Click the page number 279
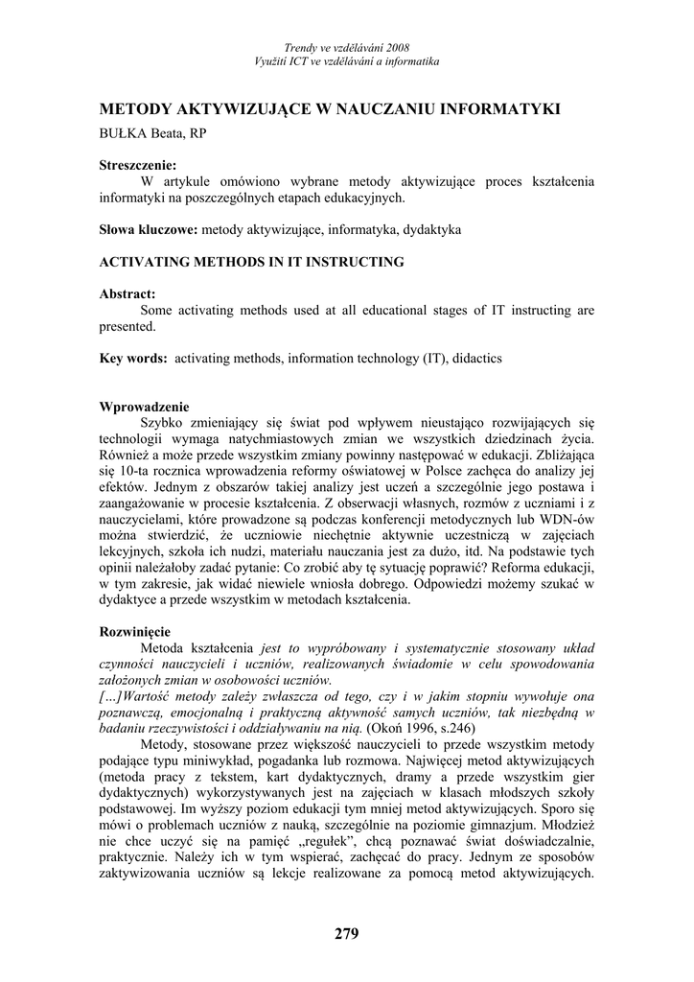pyautogui.click(x=347, y=934)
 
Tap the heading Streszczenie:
pyautogui.click(x=138, y=165)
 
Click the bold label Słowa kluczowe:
pyautogui.click(x=149, y=230)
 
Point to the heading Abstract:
pyautogui.click(x=127, y=294)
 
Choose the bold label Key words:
pyautogui.click(x=133, y=359)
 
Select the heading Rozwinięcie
pyautogui.click(x=135, y=632)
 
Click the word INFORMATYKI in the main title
pyautogui.click(x=498, y=109)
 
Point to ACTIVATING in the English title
pyautogui.click(x=144, y=262)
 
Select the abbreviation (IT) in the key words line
pyautogui.click(x=437, y=359)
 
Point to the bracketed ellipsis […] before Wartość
pyautogui.click(x=111, y=696)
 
